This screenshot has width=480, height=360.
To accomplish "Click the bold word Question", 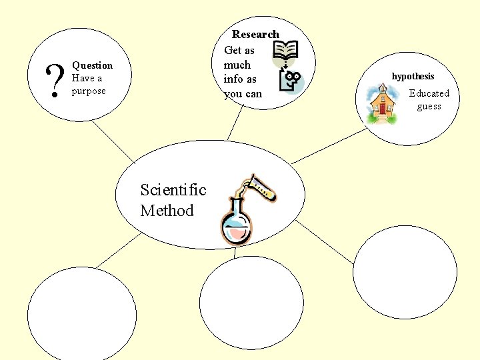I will pos(92,65).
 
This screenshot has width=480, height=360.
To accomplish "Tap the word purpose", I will pos(89,91).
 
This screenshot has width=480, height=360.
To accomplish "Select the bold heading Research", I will pos(255,34).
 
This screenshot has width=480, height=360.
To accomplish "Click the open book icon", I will pos(286,49).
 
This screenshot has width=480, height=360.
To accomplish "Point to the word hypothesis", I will pos(413,76).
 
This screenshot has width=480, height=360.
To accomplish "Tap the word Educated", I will pos(429,93).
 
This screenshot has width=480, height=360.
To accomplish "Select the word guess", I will pos(429,107).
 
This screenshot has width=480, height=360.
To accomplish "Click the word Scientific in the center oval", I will pos(173,190).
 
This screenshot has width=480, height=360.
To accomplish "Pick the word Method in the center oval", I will pos(167,211).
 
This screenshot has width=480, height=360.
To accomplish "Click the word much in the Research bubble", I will pos(237,65).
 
